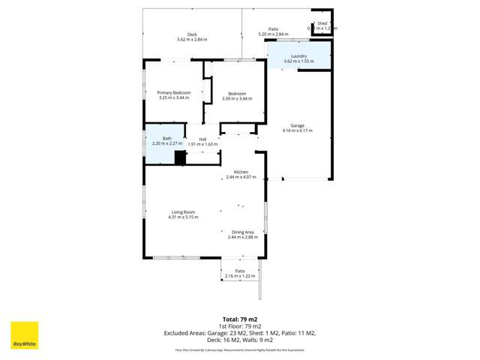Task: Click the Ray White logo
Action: [24, 335]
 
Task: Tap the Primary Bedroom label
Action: [174, 93]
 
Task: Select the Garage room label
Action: [297, 125]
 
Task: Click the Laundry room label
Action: [298, 56]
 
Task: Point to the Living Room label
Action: [183, 212]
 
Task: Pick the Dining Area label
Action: [242, 232]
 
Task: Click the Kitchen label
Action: [241, 172]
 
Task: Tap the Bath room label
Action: [166, 138]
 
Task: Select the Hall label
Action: [202, 139]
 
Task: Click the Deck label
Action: [192, 34]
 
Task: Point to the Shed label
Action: [322, 23]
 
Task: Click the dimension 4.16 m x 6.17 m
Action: [297, 130]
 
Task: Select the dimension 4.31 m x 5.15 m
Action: [183, 217]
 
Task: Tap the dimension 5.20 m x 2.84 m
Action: [273, 34]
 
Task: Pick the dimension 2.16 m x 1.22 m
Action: [240, 276]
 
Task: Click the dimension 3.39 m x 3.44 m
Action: [237, 98]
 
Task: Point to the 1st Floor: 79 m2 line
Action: [240, 326]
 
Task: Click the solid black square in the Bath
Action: [180, 157]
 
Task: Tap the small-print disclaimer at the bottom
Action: [240, 349]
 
